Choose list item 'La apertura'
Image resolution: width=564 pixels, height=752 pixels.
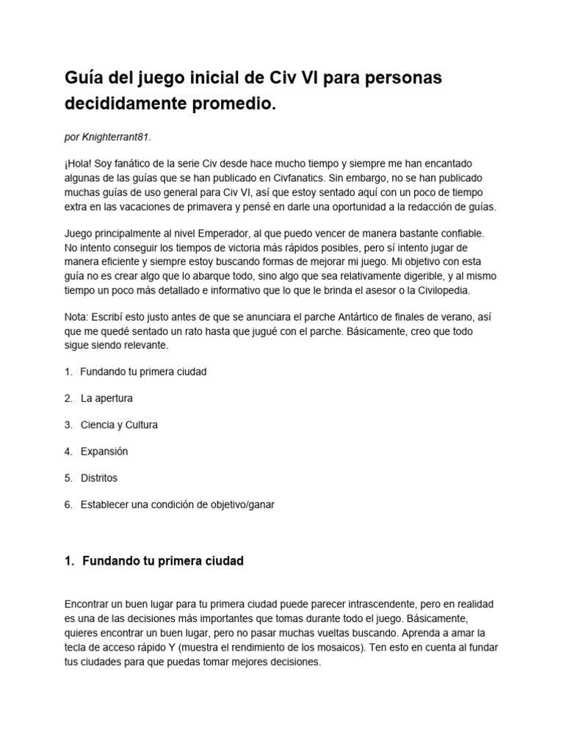[x=106, y=398]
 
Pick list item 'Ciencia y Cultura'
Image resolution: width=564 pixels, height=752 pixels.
[x=119, y=424]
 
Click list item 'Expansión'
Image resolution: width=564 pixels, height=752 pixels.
[x=104, y=451]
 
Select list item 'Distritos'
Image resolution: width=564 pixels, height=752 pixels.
[x=99, y=477]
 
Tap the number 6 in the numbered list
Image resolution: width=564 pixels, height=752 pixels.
[x=68, y=504]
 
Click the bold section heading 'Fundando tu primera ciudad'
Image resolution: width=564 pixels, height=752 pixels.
[x=162, y=561]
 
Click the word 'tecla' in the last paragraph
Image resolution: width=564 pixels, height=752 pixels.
[x=78, y=647]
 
